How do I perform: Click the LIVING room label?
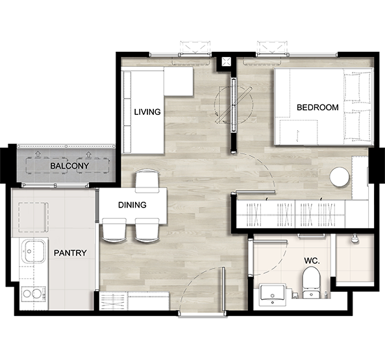[x=147, y=112]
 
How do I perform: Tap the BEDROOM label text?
[x=317, y=108]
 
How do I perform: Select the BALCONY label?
[x=69, y=166]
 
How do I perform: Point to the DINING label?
[x=132, y=205]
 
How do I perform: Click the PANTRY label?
[x=70, y=253]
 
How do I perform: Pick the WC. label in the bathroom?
[x=312, y=261]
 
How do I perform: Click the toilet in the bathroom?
[x=311, y=282]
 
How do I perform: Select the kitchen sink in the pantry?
[x=34, y=251]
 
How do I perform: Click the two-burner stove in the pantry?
[x=33, y=294]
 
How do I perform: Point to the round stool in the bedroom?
[x=340, y=177]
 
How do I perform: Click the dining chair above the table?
[x=147, y=180]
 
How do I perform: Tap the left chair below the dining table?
[x=114, y=230]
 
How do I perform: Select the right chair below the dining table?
[x=147, y=230]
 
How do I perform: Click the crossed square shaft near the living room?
[x=226, y=62]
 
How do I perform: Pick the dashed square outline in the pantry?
[x=33, y=217]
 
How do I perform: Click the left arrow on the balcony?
[x=38, y=154]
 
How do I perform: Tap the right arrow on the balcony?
[x=88, y=154]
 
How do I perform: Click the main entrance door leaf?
[x=223, y=289]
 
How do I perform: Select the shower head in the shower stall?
[x=354, y=238]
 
